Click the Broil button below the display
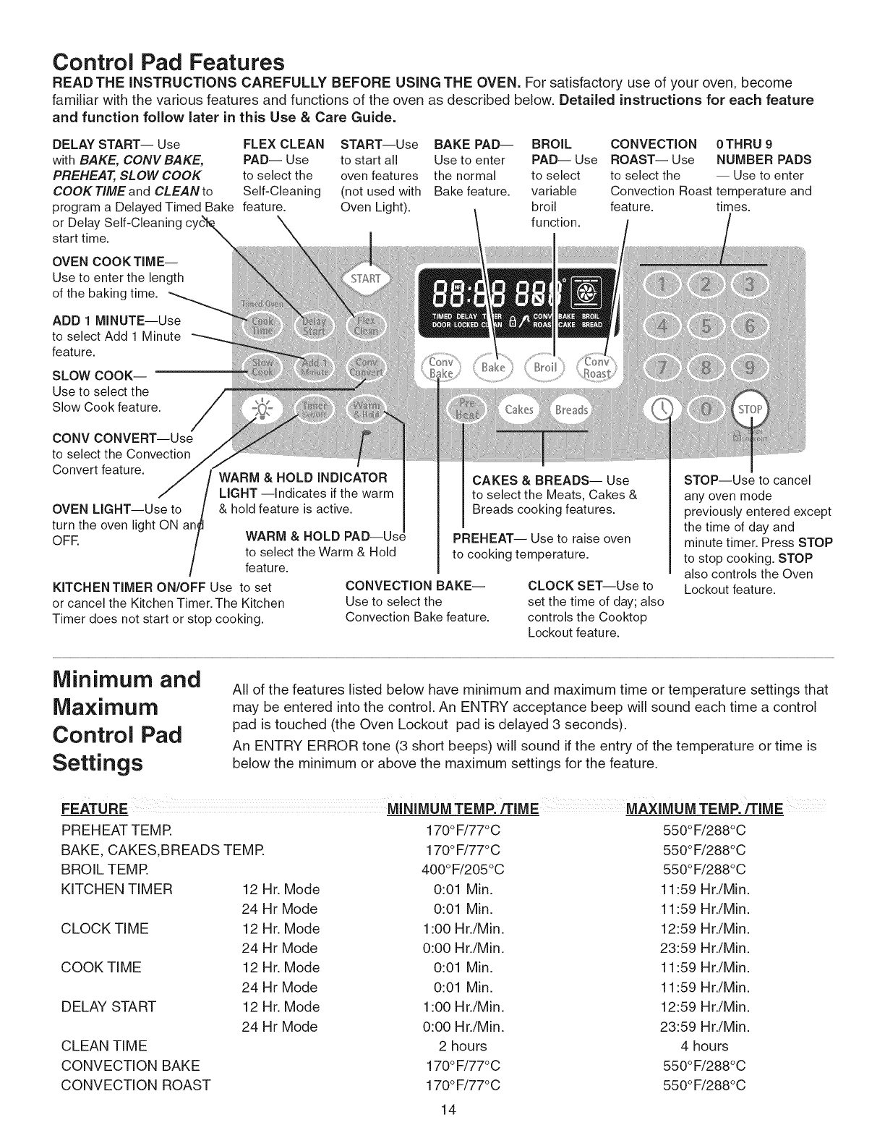click(x=545, y=367)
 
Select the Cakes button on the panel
click(x=518, y=410)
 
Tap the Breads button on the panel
click(x=571, y=410)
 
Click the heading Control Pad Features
click(x=169, y=61)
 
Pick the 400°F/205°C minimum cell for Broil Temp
click(x=463, y=869)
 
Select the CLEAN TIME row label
click(x=104, y=1045)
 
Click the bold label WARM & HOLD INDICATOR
click(x=303, y=477)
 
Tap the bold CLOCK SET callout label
click(x=572, y=585)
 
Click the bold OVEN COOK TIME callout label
click(x=114, y=261)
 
